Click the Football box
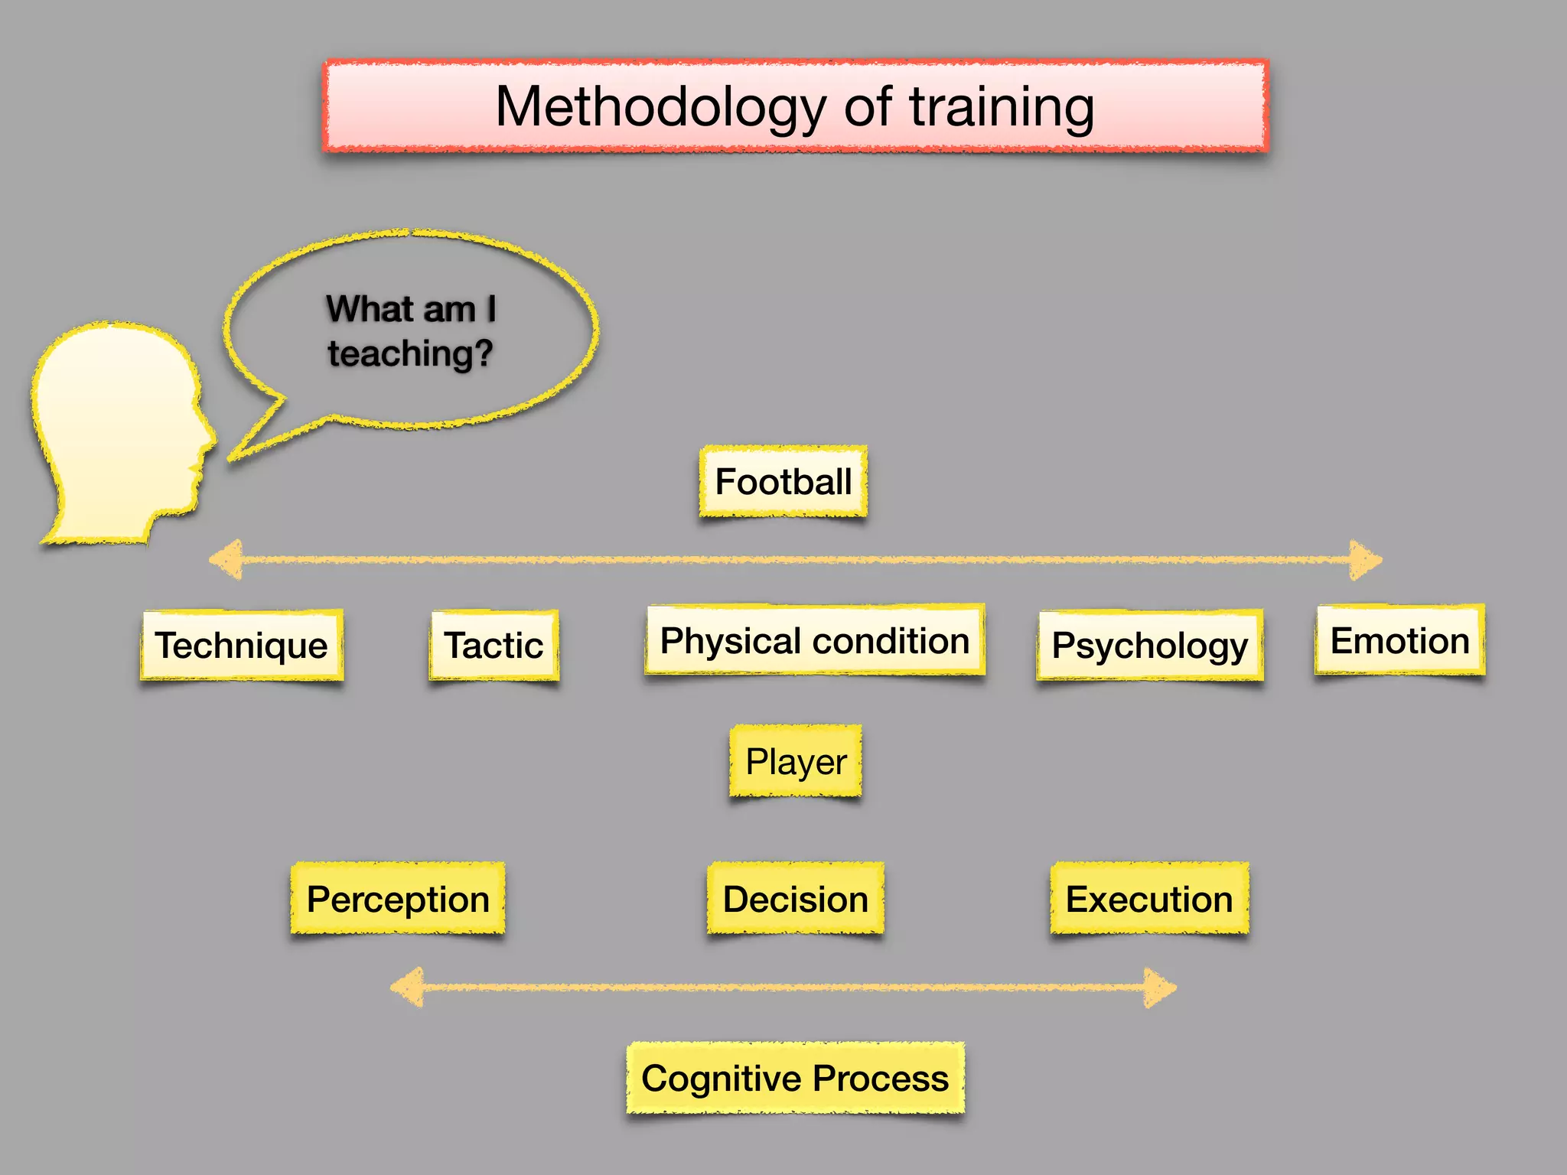(783, 482)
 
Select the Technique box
(242, 645)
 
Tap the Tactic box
(494, 645)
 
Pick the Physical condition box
(815, 640)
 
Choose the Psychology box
(1150, 645)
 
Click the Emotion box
(1400, 640)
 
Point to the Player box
(796, 761)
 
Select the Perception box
(398, 899)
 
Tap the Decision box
(796, 899)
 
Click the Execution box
(1149, 899)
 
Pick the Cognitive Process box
(796, 1079)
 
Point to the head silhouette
(119, 428)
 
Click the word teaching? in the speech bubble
(411, 353)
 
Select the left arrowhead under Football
(226, 560)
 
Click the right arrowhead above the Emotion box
(1365, 560)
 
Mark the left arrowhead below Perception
(408, 987)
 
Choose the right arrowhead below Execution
(1160, 987)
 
